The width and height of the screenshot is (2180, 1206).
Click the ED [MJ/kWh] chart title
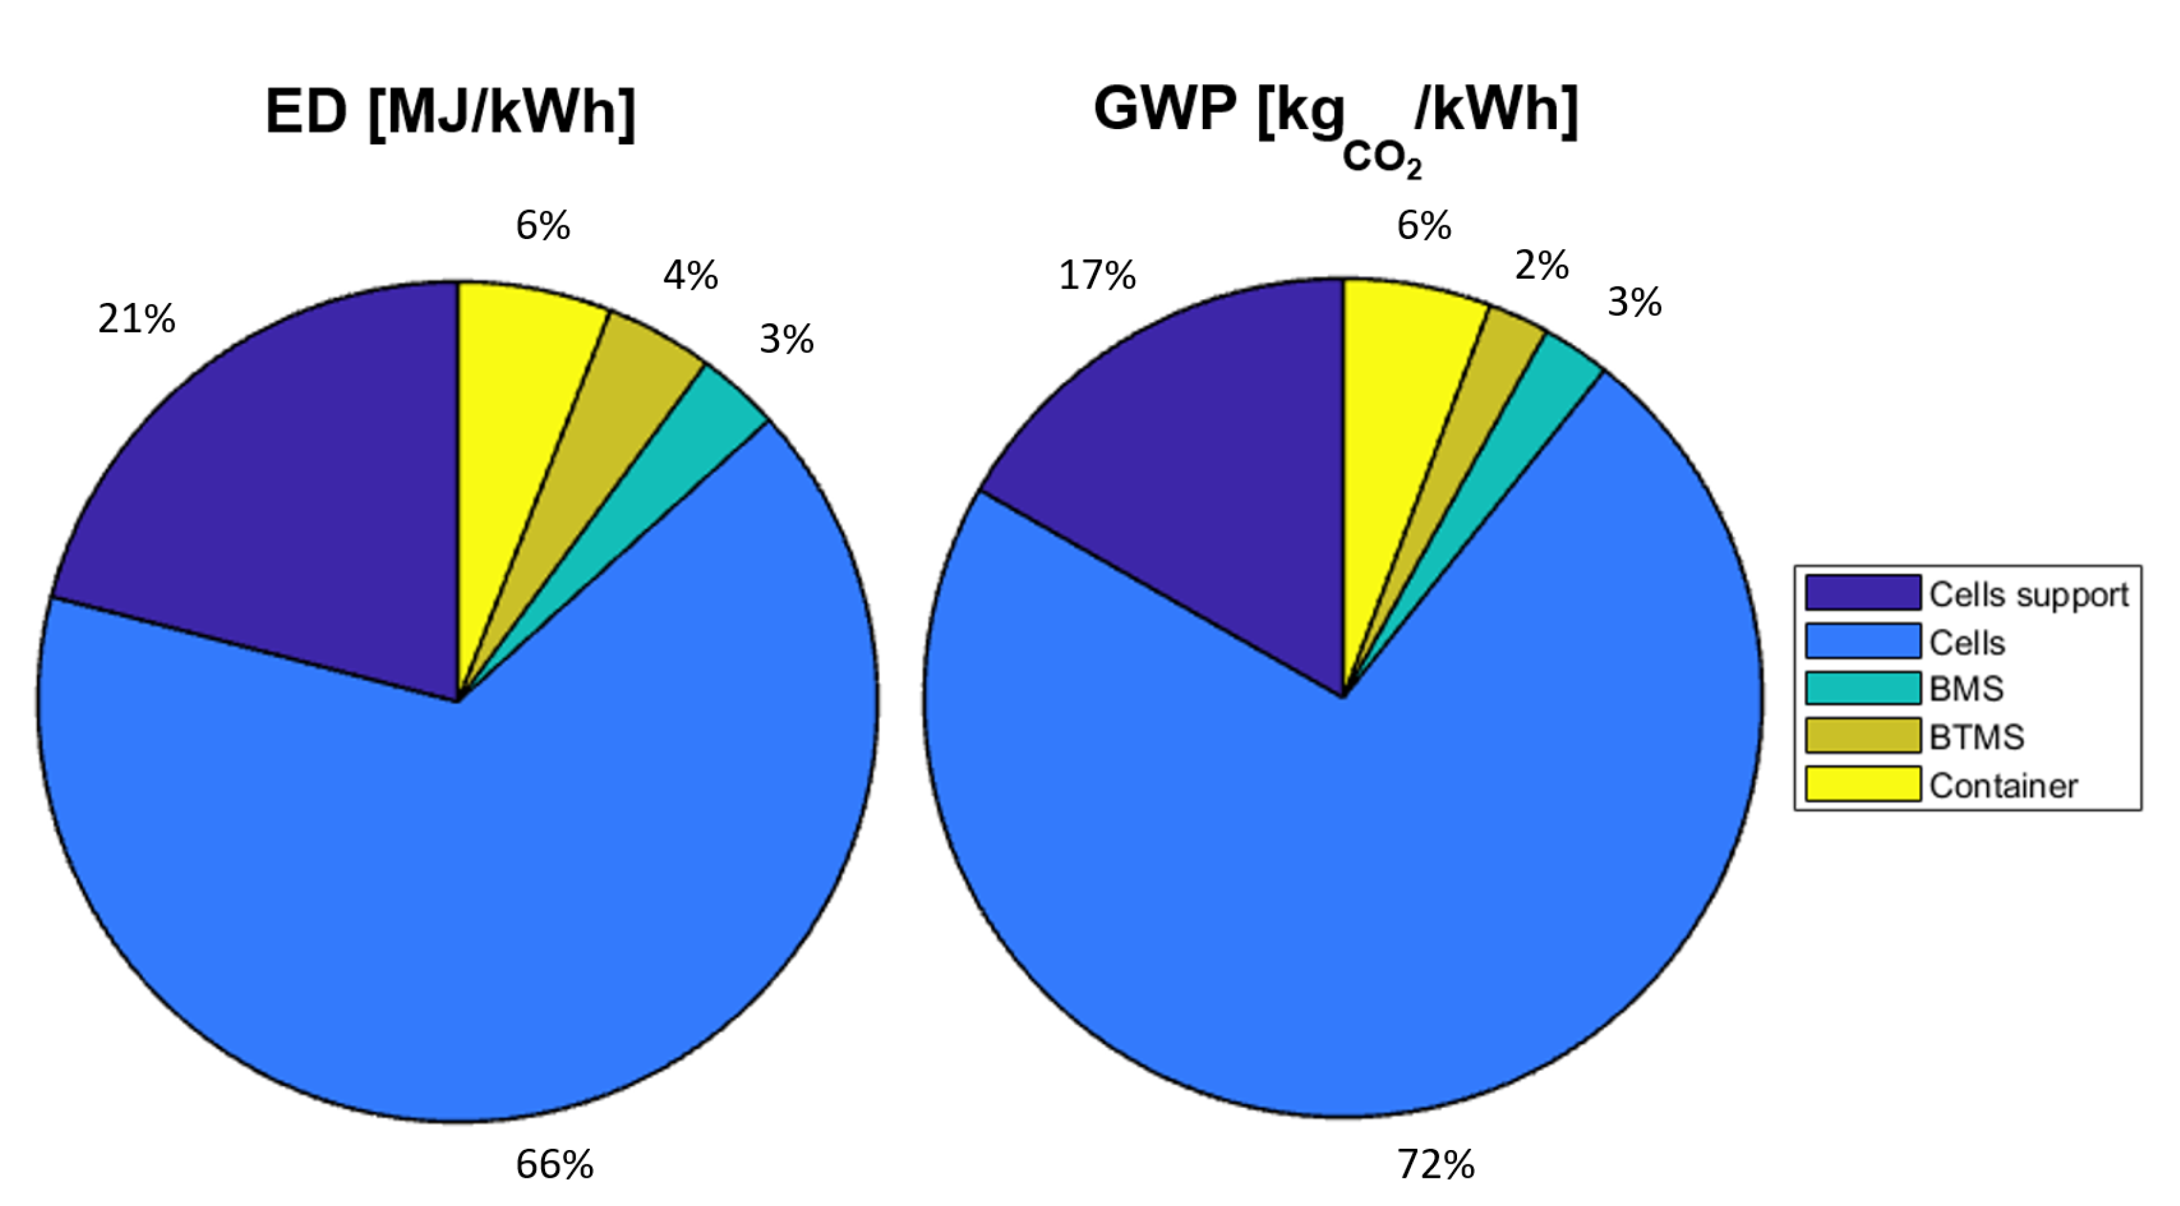[x=450, y=112]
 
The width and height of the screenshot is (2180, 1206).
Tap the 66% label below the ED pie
[x=554, y=1165]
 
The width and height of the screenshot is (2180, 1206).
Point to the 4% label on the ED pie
[x=690, y=275]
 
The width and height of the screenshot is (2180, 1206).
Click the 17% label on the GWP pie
[x=1097, y=276]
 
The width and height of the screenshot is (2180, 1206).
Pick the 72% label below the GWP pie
[x=1435, y=1165]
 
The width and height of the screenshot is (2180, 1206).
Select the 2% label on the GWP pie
[x=1541, y=265]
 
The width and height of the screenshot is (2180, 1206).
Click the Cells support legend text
[x=2029, y=594]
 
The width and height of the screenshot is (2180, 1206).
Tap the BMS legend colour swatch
[x=1863, y=688]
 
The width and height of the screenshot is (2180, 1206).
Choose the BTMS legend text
[x=1977, y=737]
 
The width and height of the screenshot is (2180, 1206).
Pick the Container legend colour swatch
[x=1863, y=784]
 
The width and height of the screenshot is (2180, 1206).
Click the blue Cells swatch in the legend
[x=1863, y=642]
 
